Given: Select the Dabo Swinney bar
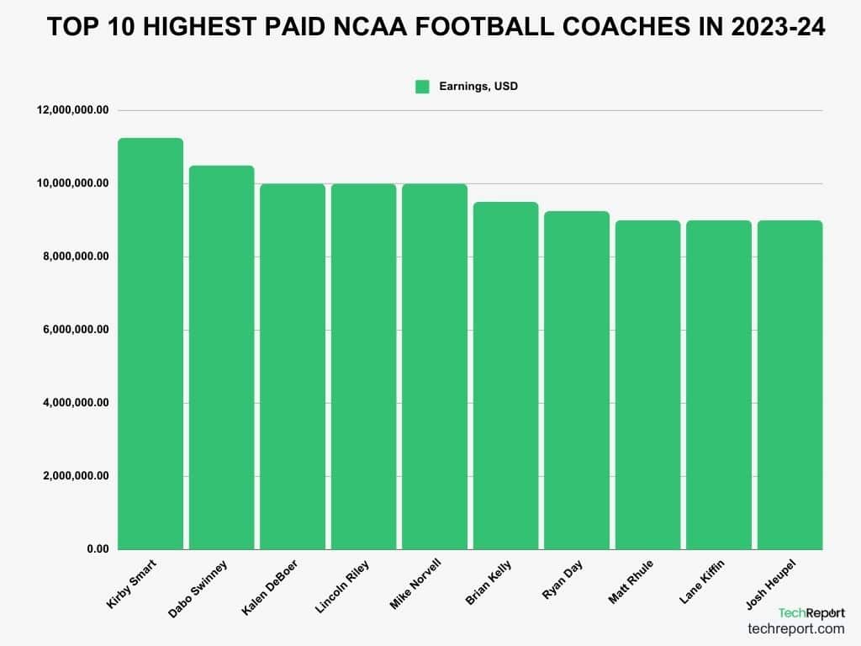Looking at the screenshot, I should (x=221, y=357).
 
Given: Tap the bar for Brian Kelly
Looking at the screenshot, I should (x=505, y=375).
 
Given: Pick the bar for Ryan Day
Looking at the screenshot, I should (x=577, y=380).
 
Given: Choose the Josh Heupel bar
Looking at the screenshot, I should (x=790, y=384).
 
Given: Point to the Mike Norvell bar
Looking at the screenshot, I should (x=435, y=366).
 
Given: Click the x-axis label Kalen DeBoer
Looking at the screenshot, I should (x=270, y=584).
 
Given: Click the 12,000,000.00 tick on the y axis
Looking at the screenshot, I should (x=73, y=110).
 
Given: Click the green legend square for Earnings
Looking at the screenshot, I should (x=422, y=86).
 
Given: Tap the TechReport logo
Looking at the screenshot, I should (x=811, y=612).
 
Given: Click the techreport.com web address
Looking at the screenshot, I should (x=795, y=628).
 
